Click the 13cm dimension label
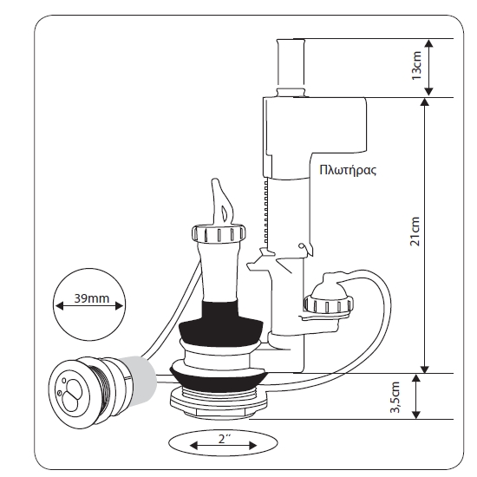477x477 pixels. [416, 65]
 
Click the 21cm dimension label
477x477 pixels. [415, 232]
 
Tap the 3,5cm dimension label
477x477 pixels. [395, 397]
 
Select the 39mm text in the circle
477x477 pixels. [92, 298]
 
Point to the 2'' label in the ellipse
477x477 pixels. [225, 439]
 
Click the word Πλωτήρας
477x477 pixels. [348, 170]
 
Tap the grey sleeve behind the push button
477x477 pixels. [139, 379]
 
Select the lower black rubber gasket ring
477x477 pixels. [219, 379]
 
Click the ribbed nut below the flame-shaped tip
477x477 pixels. [219, 233]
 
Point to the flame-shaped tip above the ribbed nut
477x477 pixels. [222, 202]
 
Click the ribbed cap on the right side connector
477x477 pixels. [329, 304]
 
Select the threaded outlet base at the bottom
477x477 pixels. [219, 402]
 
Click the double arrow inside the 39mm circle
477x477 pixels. [89, 306]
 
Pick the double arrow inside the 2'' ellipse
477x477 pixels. [223, 446]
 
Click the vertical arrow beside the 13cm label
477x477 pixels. [428, 68]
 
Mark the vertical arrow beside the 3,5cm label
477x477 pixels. [416, 396]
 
